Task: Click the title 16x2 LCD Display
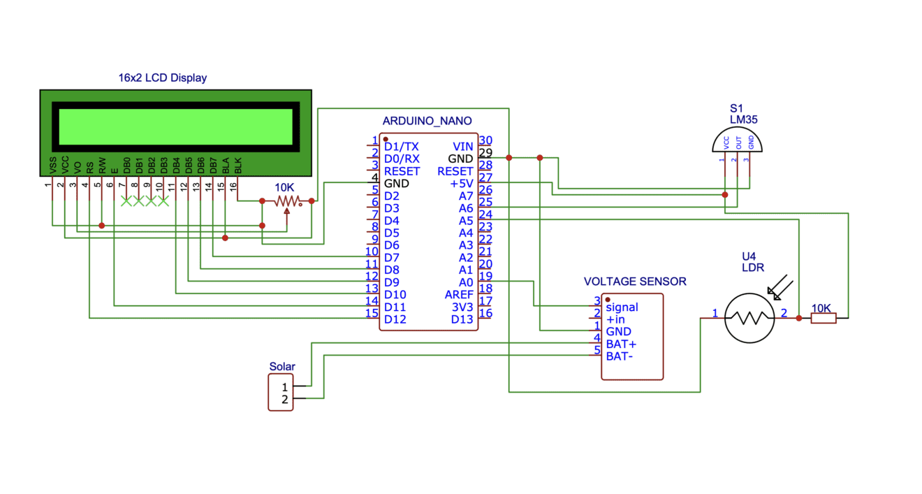point(162,78)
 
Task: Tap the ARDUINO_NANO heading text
point(427,121)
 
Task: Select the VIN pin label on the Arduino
point(463,147)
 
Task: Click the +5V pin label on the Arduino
point(462,184)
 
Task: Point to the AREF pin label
point(459,295)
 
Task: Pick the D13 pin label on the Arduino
point(462,319)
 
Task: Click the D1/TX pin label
point(402,147)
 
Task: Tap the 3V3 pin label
point(462,307)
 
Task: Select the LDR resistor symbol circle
point(749,318)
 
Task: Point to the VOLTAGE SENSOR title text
point(635,282)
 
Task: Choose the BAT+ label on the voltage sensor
point(621,344)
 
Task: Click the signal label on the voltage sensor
point(622,307)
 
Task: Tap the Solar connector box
point(281,393)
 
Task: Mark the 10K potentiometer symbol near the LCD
point(286,201)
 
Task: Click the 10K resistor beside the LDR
point(823,318)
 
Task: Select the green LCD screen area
point(175,126)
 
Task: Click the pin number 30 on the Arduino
point(485,141)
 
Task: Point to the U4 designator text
point(749,256)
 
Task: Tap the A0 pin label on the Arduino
point(466,282)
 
